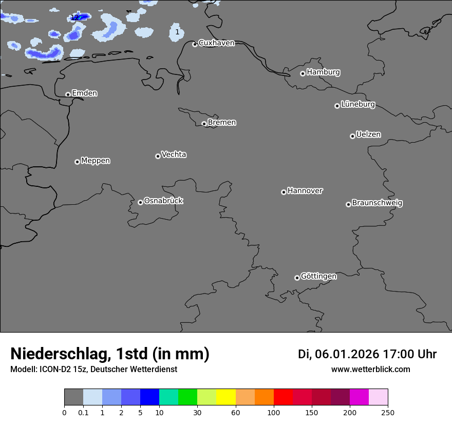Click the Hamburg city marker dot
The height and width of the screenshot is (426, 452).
pos(303,73)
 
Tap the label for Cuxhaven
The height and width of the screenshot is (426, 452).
pos(216,43)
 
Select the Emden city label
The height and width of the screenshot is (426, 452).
pos(84,93)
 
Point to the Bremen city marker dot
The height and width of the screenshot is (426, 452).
pos(204,124)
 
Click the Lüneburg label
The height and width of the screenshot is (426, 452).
pos(357,104)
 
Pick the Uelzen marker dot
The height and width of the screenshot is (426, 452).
pos(352,136)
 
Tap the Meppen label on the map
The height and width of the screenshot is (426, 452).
pos(96,161)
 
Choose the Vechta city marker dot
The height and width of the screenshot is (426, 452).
pos(158,156)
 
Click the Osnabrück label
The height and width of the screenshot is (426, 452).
pos(163,201)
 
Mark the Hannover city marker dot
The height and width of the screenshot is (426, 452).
pos(284,192)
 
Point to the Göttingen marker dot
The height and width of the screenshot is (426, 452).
pos(297,278)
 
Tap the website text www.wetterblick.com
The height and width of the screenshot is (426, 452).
pos(370,370)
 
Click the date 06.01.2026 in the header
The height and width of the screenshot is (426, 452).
pos(347,354)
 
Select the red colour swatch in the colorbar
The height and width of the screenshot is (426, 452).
pos(283,397)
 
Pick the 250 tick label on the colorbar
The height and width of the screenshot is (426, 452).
pos(388,412)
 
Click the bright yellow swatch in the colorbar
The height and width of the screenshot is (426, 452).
pos(226,397)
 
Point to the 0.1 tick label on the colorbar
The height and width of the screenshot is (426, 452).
pos(83,412)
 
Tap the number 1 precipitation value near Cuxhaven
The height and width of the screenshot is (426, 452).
pos(177,32)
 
